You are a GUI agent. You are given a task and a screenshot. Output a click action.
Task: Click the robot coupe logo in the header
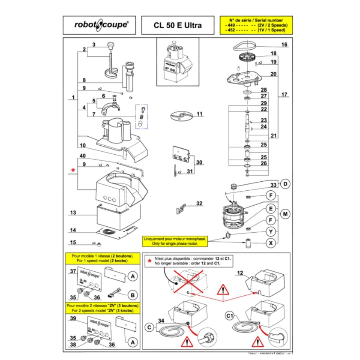click(x=101, y=25)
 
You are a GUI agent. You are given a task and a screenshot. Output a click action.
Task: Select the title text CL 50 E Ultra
click(x=177, y=25)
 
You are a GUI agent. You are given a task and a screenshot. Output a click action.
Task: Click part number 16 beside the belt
click(x=284, y=45)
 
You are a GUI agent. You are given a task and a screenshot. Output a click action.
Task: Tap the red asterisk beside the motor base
click(x=72, y=171)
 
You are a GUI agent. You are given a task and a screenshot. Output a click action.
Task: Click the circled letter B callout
click(x=133, y=295)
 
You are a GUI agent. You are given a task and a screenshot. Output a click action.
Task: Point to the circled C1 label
click(x=229, y=316)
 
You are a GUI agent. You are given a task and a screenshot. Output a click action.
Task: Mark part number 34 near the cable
click(x=161, y=320)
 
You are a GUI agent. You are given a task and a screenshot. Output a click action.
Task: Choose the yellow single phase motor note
click(x=174, y=241)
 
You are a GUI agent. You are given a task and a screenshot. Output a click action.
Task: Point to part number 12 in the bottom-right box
click(x=240, y=273)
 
